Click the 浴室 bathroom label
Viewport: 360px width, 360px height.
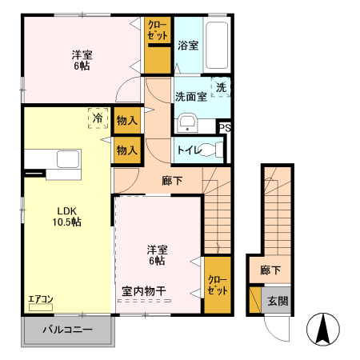(x=188, y=46)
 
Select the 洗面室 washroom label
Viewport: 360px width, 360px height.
(x=190, y=97)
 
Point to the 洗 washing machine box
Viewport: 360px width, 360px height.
(x=220, y=86)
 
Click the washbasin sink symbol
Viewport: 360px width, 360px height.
(x=187, y=122)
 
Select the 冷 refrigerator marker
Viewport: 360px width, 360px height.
(x=98, y=119)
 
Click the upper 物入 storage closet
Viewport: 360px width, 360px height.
(x=126, y=120)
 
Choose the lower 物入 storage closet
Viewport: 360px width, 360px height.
(x=126, y=150)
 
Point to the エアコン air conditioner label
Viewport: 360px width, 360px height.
(x=41, y=300)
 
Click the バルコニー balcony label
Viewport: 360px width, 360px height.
(x=67, y=330)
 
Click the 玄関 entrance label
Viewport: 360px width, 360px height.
(x=278, y=301)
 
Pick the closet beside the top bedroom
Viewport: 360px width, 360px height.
(x=158, y=45)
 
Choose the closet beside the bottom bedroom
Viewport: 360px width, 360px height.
(x=216, y=284)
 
